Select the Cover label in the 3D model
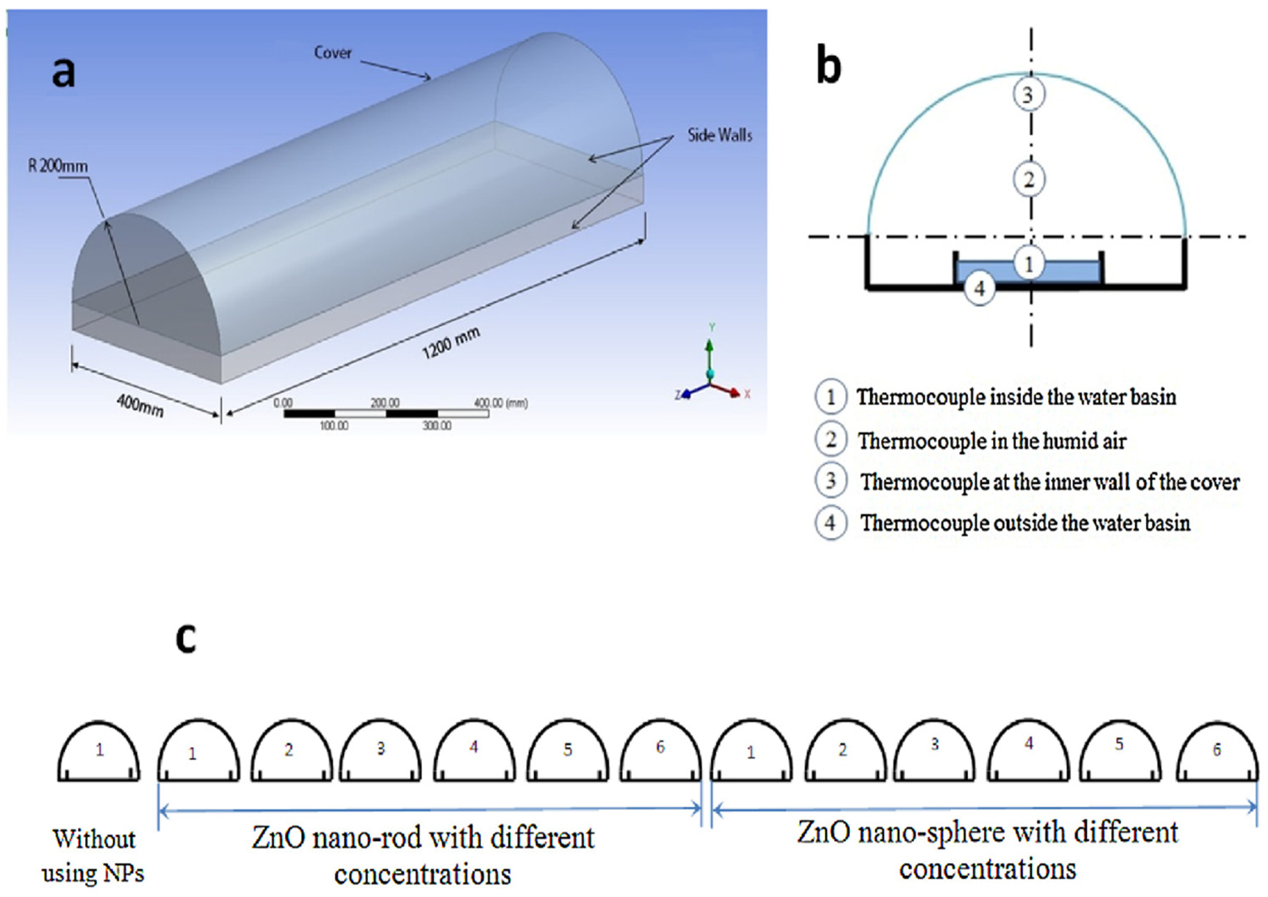(332, 53)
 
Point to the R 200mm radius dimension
(58, 166)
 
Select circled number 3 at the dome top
(1028, 95)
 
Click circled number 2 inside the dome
(1028, 180)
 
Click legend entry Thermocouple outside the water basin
(1025, 522)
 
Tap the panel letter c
(186, 639)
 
